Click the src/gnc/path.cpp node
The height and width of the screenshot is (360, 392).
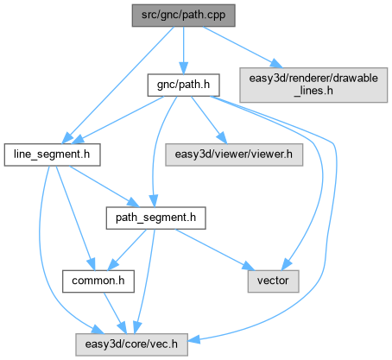(183, 16)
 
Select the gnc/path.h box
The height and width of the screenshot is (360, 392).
(183, 85)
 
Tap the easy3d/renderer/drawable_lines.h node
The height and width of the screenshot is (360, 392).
(313, 85)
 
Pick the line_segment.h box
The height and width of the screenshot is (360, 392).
(52, 155)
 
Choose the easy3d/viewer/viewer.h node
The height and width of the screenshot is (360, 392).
(234, 155)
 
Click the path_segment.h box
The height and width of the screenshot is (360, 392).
(155, 218)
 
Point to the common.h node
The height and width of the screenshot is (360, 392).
(98, 281)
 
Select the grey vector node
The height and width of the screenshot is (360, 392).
(273, 281)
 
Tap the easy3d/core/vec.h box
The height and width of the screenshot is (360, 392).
(131, 344)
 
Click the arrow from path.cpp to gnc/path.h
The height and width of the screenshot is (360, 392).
(183, 50)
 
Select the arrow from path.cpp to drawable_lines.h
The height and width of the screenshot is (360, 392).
(243, 47)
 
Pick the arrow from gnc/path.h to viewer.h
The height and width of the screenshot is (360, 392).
(209, 120)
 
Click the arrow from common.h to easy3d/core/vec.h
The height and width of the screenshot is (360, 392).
(115, 313)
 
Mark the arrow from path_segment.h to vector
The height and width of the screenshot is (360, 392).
(215, 249)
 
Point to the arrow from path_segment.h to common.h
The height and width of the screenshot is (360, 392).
(127, 249)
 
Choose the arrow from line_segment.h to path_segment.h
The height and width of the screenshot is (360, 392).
(104, 186)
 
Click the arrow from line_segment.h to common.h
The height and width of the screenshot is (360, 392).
(75, 218)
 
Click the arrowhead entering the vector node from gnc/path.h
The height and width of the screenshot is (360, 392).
(287, 264)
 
